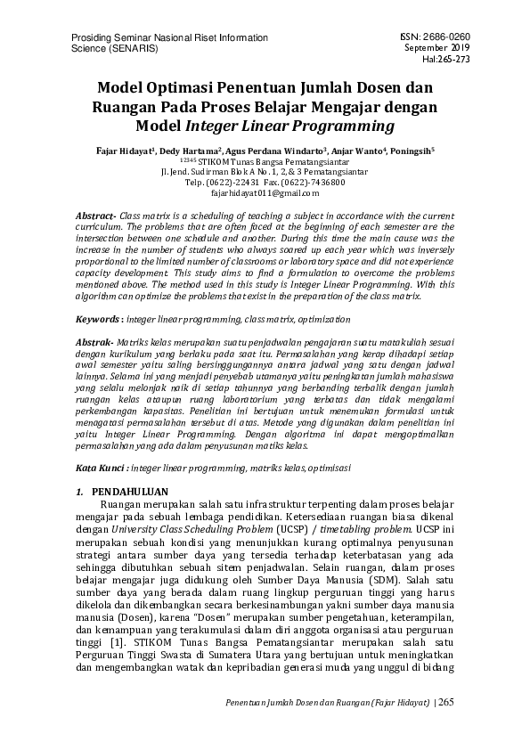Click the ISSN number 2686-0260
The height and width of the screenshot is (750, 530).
[x=444, y=37]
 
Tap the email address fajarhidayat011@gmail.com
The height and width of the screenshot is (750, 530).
[x=265, y=192]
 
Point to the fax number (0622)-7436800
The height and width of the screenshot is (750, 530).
[x=314, y=182]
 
